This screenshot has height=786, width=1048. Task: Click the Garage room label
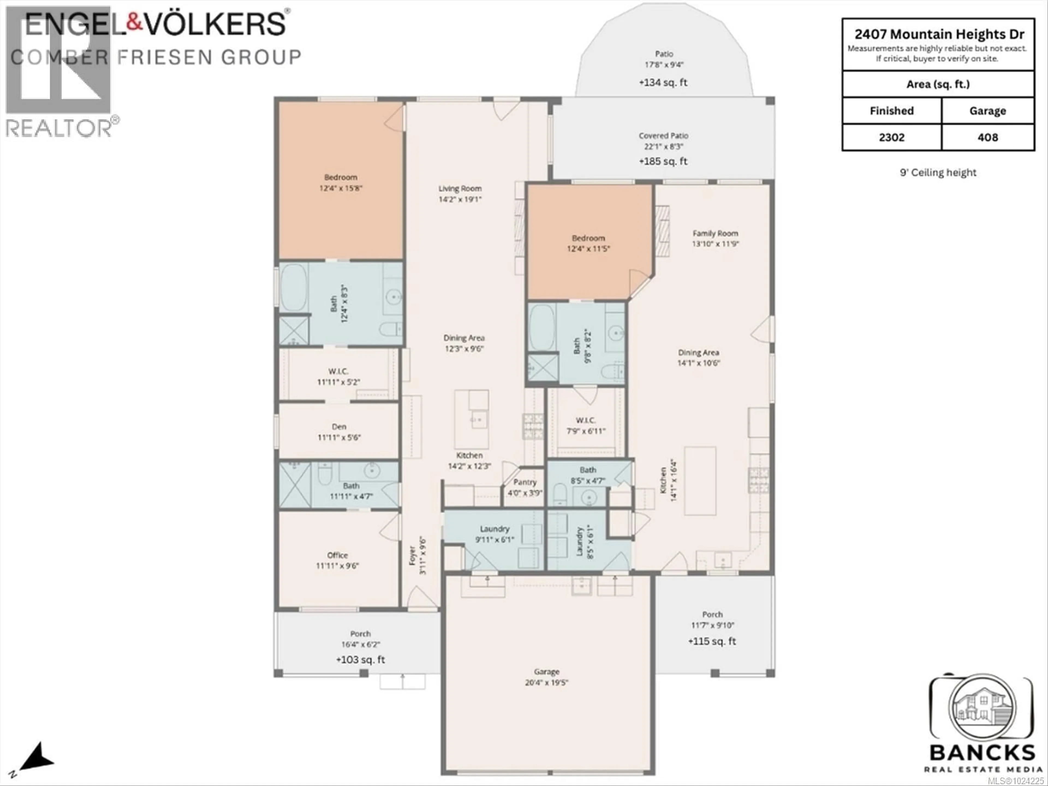(x=546, y=672)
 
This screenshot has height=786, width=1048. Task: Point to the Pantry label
(x=525, y=482)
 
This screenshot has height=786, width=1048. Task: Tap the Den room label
(x=339, y=427)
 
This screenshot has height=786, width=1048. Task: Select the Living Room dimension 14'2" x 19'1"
(x=460, y=200)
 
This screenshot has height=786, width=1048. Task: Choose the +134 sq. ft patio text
(x=663, y=82)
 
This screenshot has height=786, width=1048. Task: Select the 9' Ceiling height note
(x=938, y=172)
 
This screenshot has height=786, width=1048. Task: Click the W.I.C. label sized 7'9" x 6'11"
(x=586, y=420)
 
